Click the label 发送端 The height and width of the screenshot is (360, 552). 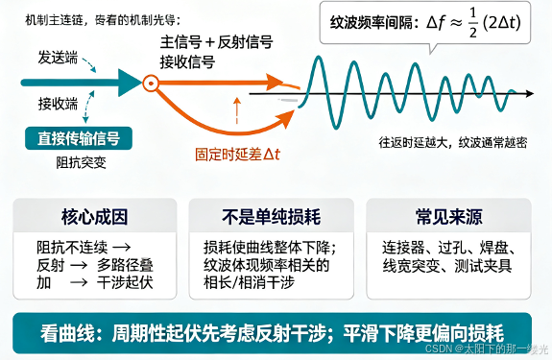pos(58,58)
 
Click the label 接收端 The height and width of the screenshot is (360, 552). pos(58,104)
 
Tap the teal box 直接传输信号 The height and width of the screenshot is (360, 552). pos(79,138)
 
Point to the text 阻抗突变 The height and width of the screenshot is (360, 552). pos(81,162)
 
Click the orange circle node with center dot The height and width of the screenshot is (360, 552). pos(151,84)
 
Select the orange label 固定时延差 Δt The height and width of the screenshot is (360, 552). pos(238,155)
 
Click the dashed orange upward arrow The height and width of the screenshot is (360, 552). pos(237,110)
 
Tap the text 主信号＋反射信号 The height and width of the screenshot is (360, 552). pos(217,42)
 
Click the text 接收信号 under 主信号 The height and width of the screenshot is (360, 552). pos(187,62)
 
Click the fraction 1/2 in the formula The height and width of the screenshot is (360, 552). pos(472,23)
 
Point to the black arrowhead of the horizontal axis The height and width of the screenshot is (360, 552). pos(530,94)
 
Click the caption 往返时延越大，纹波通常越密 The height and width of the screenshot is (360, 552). pos(453,142)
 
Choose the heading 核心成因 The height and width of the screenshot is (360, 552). pos(94,216)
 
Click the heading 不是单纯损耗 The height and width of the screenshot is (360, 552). pos(271,216)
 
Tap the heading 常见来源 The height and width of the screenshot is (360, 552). pos(449,216)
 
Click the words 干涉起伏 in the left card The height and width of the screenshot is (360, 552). pos(125,282)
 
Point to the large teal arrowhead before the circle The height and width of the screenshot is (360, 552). pos(131,84)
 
